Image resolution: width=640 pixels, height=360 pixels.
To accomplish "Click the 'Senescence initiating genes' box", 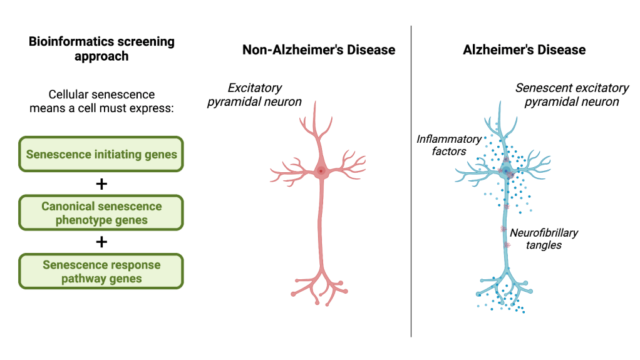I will pyautogui.click(x=101, y=154).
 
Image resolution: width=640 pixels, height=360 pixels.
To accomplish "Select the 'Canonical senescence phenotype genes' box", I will pyautogui.click(x=101, y=213).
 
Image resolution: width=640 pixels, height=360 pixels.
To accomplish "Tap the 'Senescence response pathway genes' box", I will pyautogui.click(x=101, y=271).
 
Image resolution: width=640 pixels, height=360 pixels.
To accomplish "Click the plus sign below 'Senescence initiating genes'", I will pyautogui.click(x=101, y=184).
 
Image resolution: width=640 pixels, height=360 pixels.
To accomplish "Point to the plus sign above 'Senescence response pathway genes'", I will pyautogui.click(x=101, y=242).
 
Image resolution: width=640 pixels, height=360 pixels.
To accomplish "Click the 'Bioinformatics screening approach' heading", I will pyautogui.click(x=101, y=49).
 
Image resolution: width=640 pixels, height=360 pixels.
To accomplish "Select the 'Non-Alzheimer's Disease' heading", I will pyautogui.click(x=319, y=50).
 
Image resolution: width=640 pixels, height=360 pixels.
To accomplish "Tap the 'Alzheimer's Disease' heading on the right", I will pyautogui.click(x=524, y=50).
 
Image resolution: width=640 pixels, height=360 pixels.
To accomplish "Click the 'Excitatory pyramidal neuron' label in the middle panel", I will pyautogui.click(x=254, y=95).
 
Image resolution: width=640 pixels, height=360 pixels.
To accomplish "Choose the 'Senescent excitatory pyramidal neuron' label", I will pyautogui.click(x=571, y=95).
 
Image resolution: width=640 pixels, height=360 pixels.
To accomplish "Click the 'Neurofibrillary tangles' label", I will pyautogui.click(x=544, y=239).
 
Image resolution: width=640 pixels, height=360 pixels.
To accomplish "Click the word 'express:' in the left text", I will pyautogui.click(x=153, y=108).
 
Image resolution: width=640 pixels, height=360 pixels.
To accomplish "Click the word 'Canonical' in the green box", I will pyautogui.click(x=67, y=206).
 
